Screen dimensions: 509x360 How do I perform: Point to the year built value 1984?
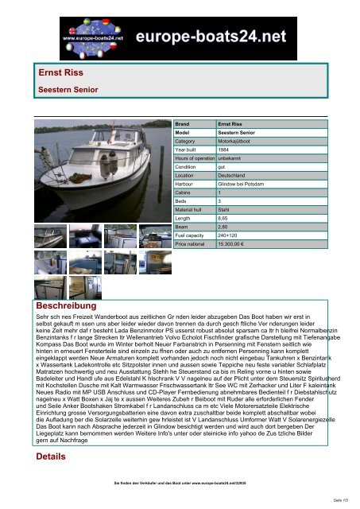(226, 150)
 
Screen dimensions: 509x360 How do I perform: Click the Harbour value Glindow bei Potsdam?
(242, 182)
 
